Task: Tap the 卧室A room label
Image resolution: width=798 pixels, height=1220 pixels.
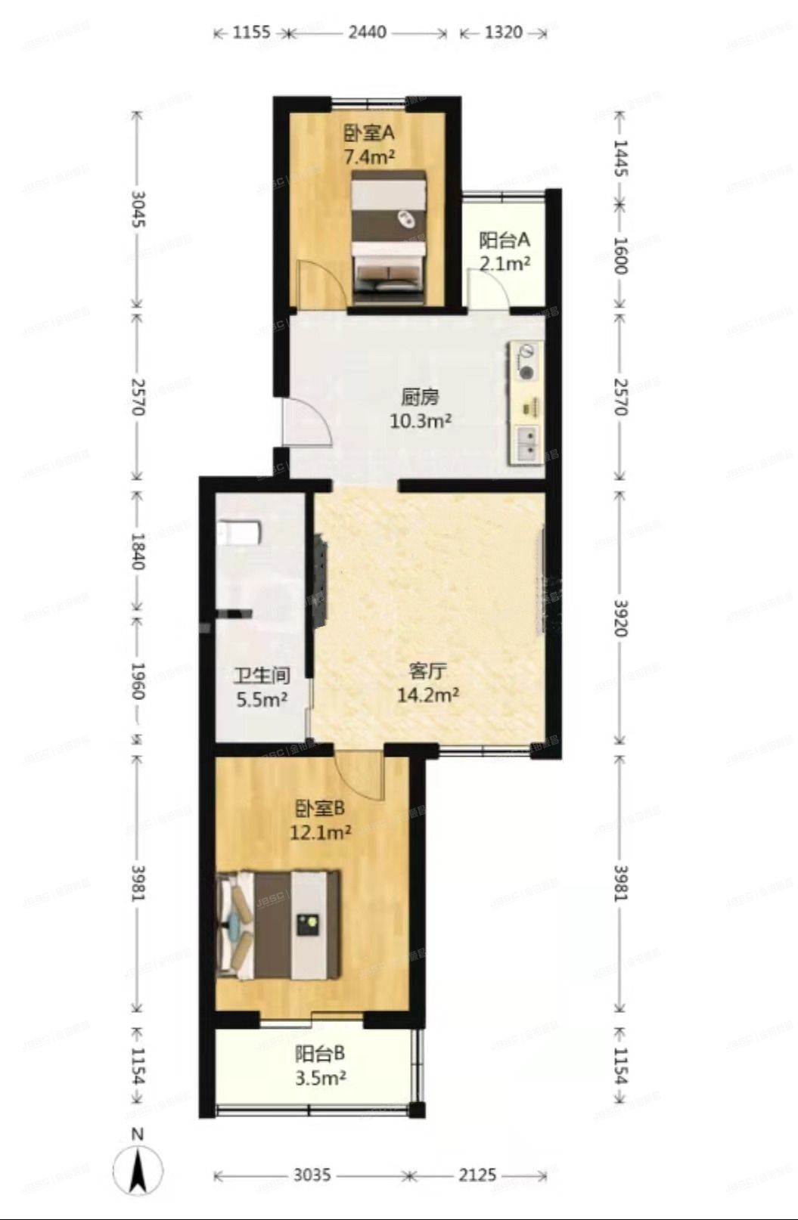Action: tap(370, 134)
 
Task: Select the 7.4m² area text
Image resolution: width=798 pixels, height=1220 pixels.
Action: tap(370, 157)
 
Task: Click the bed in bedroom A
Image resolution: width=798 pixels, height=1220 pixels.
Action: tap(390, 237)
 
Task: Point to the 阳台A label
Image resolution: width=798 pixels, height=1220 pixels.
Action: tap(505, 240)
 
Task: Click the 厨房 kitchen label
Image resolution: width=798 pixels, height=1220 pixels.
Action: tap(420, 396)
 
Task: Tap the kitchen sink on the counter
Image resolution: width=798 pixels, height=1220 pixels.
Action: tap(527, 444)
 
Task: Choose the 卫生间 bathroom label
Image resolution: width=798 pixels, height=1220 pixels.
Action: tap(262, 675)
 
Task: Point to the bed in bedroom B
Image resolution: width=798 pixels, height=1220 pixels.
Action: tap(278, 924)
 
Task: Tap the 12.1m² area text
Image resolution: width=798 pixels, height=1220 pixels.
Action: tap(320, 832)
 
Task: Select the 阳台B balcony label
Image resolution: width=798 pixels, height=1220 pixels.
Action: tap(320, 1054)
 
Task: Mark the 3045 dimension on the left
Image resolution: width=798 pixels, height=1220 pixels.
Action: tap(138, 209)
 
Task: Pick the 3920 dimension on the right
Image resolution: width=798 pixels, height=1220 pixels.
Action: tap(620, 618)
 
